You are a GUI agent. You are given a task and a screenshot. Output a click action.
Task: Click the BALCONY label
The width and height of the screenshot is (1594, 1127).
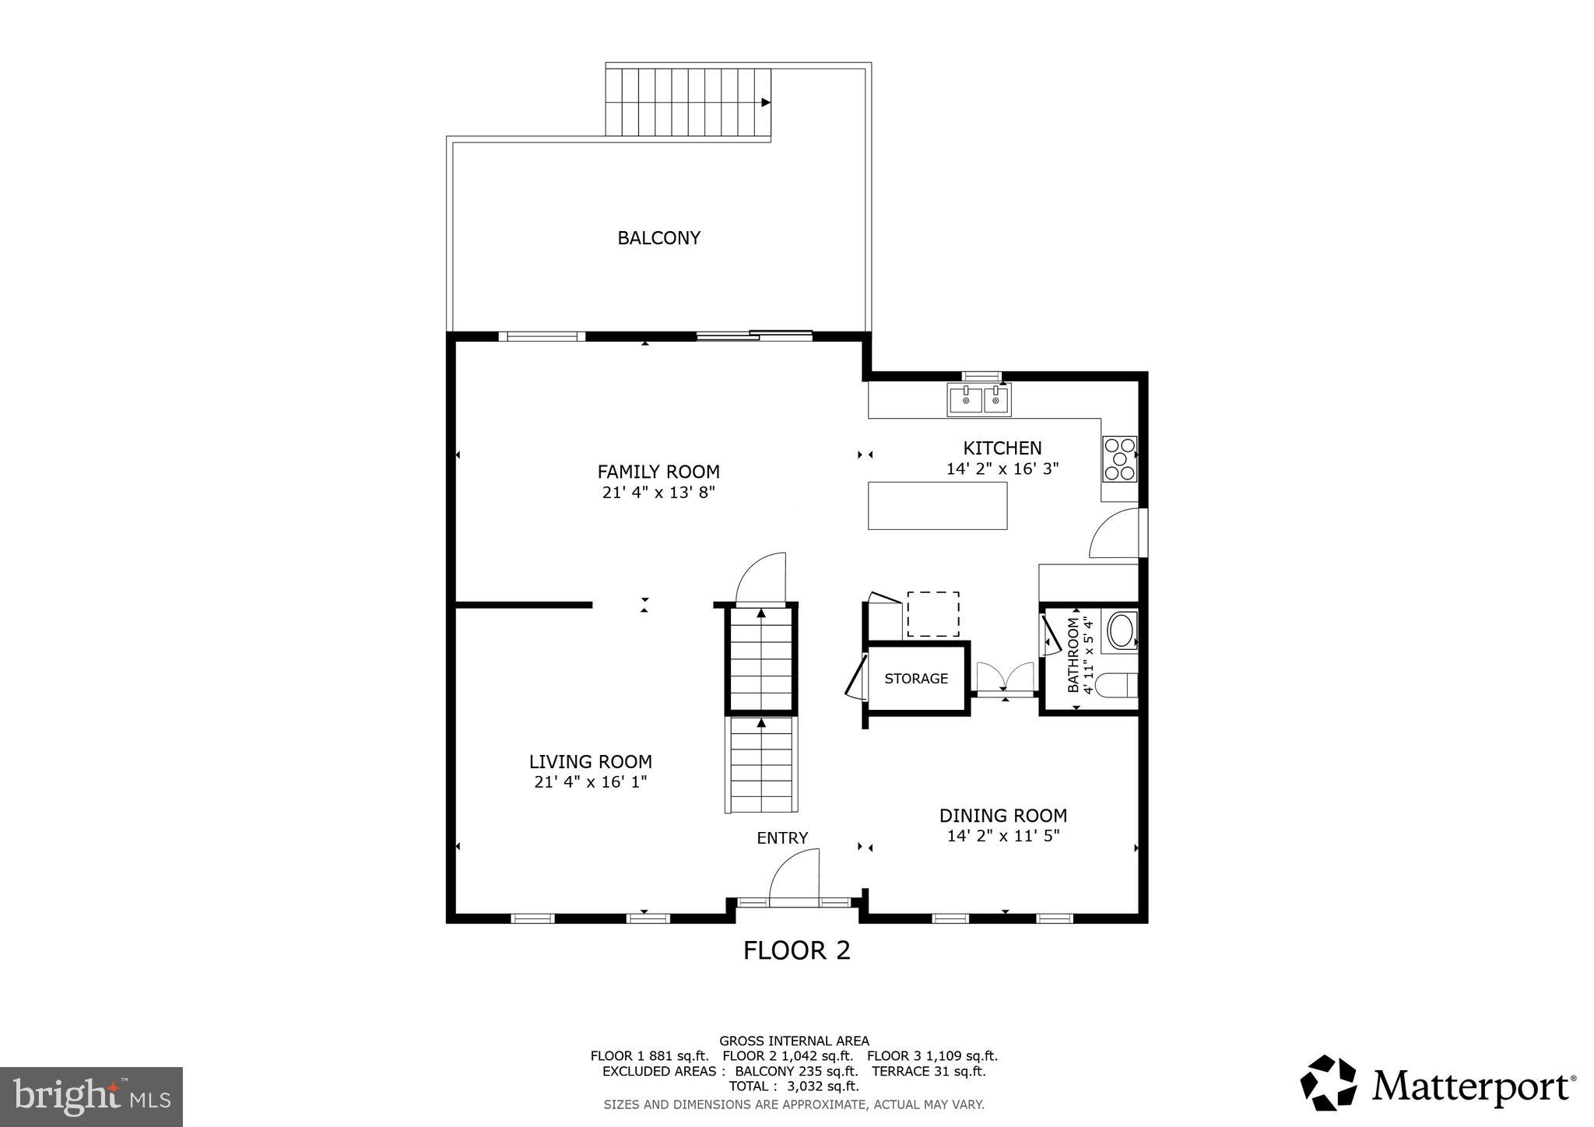[x=658, y=238]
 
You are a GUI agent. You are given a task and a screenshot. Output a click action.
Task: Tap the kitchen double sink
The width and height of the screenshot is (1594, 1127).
[x=978, y=400]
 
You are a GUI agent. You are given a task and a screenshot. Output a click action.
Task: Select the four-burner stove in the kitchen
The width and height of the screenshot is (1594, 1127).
[x=1119, y=458]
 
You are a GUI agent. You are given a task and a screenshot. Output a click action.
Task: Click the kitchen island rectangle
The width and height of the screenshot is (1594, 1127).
[x=937, y=506]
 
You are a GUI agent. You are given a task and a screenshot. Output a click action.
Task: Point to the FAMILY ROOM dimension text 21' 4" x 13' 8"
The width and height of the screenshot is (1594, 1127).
[x=658, y=493]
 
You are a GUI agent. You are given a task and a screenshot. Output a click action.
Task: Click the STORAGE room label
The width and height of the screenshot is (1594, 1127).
[x=916, y=679]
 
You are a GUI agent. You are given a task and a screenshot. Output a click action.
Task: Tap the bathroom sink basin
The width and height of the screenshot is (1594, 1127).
[x=1122, y=631]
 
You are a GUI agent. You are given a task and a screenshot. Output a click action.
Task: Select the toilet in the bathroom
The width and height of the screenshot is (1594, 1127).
[x=1116, y=685]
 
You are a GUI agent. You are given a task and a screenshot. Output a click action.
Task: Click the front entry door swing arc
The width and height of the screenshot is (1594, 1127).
[x=792, y=872]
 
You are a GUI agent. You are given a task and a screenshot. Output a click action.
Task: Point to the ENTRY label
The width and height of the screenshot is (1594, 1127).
[x=782, y=838]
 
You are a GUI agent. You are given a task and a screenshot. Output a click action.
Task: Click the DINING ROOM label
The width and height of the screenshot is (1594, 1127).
[x=1002, y=816]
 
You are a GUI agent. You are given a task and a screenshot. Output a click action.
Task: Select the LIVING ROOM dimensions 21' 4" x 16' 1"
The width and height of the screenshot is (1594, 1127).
[x=591, y=782]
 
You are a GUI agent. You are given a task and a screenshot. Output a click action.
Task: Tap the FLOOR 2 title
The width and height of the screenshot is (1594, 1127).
[x=796, y=950]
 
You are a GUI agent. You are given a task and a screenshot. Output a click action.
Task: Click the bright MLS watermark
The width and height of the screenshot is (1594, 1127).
[x=92, y=1097]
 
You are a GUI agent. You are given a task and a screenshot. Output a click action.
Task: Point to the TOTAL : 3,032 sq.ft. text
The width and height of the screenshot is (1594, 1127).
[x=794, y=1086]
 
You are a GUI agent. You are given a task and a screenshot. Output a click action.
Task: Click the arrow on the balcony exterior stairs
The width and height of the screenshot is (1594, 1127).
[x=766, y=102]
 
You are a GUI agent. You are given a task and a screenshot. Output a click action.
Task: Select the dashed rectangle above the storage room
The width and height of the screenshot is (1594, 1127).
[x=932, y=614]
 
